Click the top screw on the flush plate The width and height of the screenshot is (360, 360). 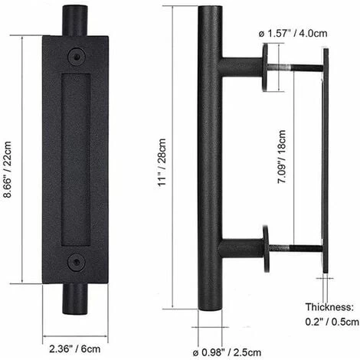pyautogui.click(x=75, y=56)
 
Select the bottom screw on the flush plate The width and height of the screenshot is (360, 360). pyautogui.click(x=75, y=262)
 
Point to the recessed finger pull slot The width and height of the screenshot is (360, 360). pyautogui.click(x=75, y=159)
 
